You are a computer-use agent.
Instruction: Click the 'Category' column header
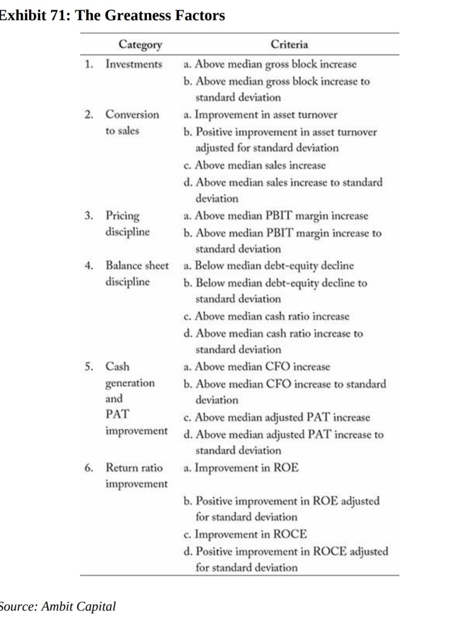pyautogui.click(x=141, y=44)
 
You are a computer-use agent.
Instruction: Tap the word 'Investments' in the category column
pyautogui.click(x=134, y=64)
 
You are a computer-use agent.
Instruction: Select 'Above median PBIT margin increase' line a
pyautogui.click(x=275, y=216)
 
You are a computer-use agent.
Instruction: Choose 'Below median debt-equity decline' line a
pyautogui.click(x=268, y=265)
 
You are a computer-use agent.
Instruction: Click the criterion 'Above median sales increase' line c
pyautogui.click(x=254, y=165)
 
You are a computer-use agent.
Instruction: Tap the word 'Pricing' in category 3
pyautogui.click(x=122, y=216)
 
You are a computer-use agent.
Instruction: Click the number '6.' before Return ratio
pyautogui.click(x=89, y=467)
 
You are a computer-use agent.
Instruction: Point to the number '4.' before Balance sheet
pyautogui.click(x=89, y=265)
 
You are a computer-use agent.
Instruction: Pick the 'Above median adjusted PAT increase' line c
pyautogui.click(x=276, y=418)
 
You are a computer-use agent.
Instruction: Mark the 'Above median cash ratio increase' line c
pyautogui.click(x=266, y=316)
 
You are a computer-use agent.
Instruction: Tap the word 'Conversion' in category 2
pyautogui.click(x=132, y=115)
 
